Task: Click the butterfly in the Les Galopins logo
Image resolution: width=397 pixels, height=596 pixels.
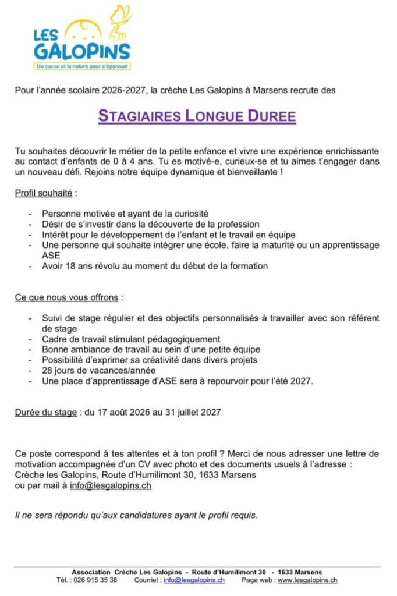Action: tap(120, 18)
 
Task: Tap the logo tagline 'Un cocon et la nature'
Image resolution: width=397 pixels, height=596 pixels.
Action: tap(82, 66)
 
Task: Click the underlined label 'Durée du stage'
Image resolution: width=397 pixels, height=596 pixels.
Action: tap(45, 413)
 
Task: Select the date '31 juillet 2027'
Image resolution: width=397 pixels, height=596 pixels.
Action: tap(193, 413)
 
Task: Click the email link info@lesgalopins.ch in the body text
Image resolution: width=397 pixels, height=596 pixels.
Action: tap(110, 485)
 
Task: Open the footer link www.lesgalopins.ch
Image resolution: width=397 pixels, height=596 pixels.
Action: tap(307, 580)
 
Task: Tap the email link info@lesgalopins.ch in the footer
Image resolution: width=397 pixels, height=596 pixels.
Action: tap(194, 580)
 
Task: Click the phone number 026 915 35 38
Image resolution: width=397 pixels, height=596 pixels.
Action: tap(95, 580)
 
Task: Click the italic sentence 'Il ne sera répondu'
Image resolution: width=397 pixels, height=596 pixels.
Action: tap(136, 515)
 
